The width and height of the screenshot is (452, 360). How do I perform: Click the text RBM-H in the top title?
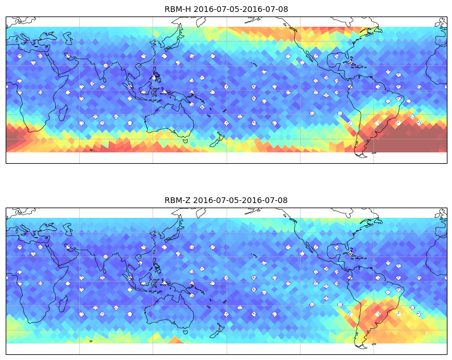pyautogui.click(x=178, y=9)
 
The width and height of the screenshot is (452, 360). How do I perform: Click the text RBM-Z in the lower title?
pyautogui.click(x=177, y=200)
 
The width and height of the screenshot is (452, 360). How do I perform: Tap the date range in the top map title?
pyautogui.click(x=241, y=9)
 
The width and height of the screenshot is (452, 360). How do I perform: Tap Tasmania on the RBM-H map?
pyautogui.click(x=186, y=140)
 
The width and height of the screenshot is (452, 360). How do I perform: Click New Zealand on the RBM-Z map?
pyautogui.click(x=217, y=331)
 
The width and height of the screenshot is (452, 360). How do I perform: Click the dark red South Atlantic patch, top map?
pyautogui.click(x=409, y=138)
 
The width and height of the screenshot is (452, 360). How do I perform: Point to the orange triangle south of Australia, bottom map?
pyautogui.click(x=175, y=340)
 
